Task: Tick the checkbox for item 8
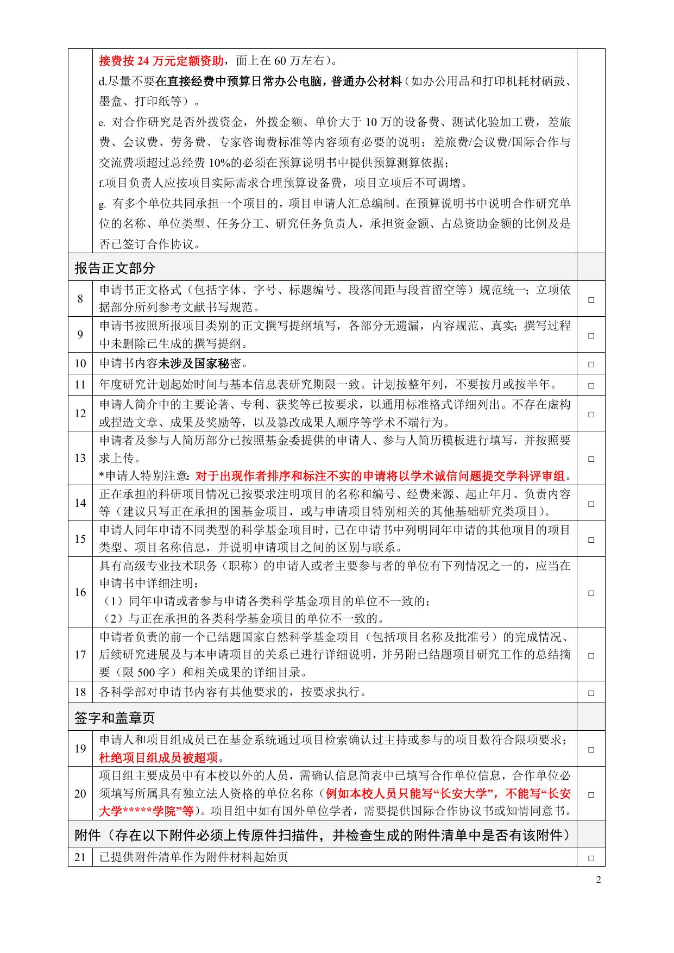click(591, 299)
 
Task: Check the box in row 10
click(591, 364)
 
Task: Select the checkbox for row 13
click(591, 459)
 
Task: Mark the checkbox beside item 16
click(591, 593)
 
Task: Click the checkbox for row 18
click(591, 693)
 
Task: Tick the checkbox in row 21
click(591, 858)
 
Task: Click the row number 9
click(80, 335)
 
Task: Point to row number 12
click(80, 413)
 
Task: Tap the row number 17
click(80, 655)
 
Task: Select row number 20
click(80, 794)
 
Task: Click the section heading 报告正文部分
click(115, 268)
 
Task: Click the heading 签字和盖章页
click(115, 718)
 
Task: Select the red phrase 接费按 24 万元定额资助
click(161, 60)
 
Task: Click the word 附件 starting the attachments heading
click(87, 835)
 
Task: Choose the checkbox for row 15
click(591, 540)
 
